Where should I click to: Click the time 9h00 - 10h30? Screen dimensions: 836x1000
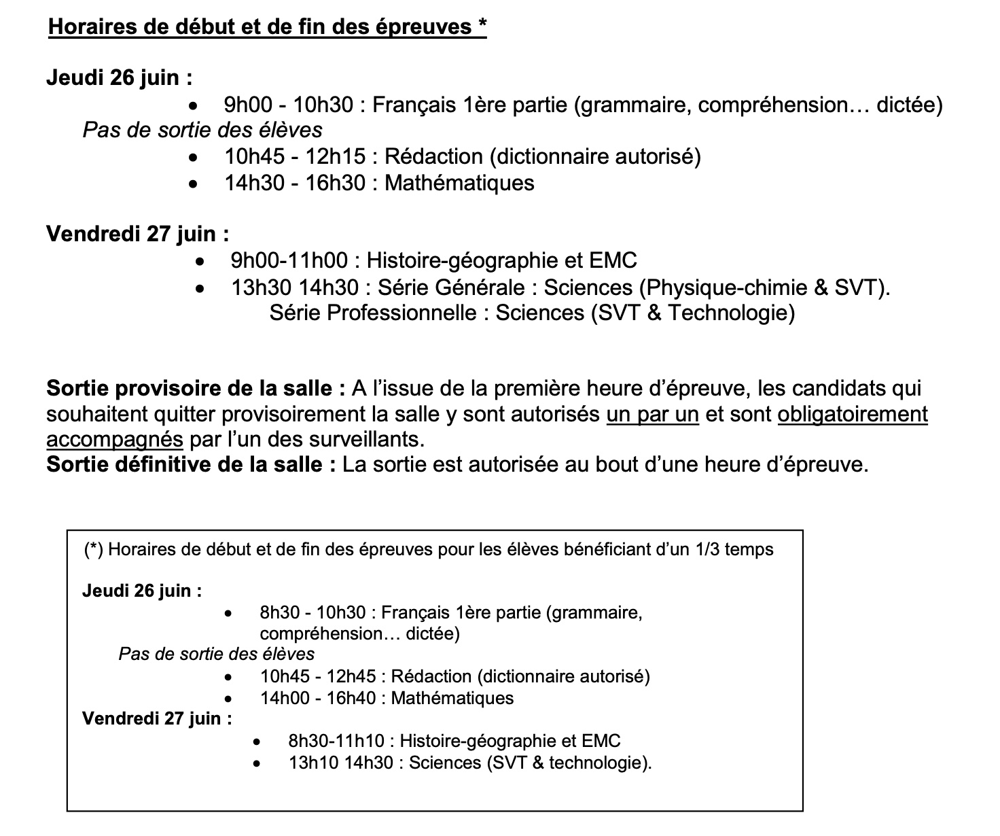(x=289, y=105)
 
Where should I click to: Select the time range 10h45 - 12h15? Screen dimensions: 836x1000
(x=296, y=157)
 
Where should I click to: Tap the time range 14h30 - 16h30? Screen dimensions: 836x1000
(x=295, y=184)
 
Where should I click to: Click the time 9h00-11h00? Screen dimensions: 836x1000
(x=289, y=260)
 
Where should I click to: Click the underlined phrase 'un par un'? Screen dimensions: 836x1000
(x=652, y=414)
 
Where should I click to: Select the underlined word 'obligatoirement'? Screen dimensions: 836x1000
(x=852, y=414)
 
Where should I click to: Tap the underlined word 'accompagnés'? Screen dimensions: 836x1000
(x=114, y=439)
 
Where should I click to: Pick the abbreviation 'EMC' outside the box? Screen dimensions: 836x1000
(x=613, y=260)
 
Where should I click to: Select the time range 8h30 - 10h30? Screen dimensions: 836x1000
(x=312, y=613)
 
